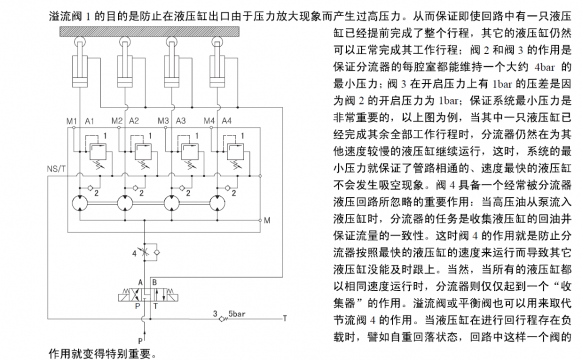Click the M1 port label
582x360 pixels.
71,121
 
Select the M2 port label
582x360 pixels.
118,121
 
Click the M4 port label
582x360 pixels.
210,121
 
